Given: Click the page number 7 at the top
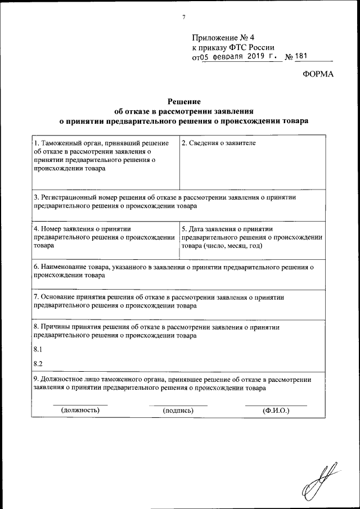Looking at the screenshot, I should pyautogui.click(x=183, y=17).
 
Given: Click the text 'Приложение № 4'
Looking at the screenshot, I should pyautogui.click(x=219, y=38).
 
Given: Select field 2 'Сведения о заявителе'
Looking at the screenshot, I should pyautogui.click(x=218, y=144).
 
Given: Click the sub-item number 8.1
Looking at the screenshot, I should pyautogui.click(x=38, y=349).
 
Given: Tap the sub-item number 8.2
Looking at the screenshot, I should pyautogui.click(x=38, y=363).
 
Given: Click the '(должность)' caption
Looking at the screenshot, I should pyautogui.click(x=80, y=411).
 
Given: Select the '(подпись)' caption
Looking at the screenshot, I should pyautogui.click(x=178, y=411).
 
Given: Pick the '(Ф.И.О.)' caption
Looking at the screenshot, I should pyautogui.click(x=276, y=411).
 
